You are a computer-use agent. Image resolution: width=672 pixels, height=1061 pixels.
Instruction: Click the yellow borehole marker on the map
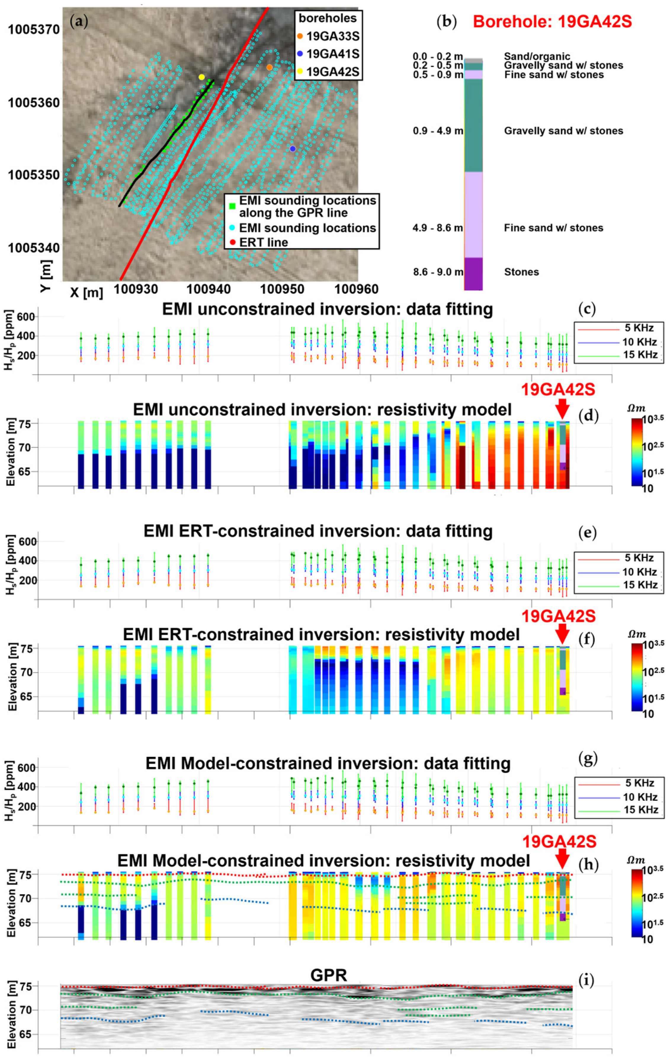[201, 77]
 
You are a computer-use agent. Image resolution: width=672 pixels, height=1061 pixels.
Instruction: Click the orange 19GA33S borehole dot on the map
[270, 67]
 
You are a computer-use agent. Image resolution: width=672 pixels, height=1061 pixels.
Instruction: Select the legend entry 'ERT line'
[263, 242]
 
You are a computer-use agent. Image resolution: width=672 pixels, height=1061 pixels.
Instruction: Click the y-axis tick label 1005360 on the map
[33, 103]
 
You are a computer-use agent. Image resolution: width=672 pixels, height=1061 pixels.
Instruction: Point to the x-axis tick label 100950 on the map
[282, 290]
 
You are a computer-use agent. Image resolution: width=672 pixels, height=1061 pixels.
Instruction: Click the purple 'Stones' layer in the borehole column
[473, 273]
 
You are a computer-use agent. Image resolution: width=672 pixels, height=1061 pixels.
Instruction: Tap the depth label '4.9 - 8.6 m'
[437, 228]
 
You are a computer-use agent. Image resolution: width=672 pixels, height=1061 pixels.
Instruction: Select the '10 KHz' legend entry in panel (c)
[639, 342]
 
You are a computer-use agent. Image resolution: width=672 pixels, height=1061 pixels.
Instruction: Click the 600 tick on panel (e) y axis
[27, 541]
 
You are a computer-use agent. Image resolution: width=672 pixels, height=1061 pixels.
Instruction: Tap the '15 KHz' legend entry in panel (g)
[640, 809]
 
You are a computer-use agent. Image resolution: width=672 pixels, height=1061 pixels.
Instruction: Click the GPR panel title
[328, 975]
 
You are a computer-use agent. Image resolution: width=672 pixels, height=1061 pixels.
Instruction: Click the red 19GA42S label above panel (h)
[559, 842]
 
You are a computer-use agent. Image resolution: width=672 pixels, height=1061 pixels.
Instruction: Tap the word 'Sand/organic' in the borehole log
[537, 57]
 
